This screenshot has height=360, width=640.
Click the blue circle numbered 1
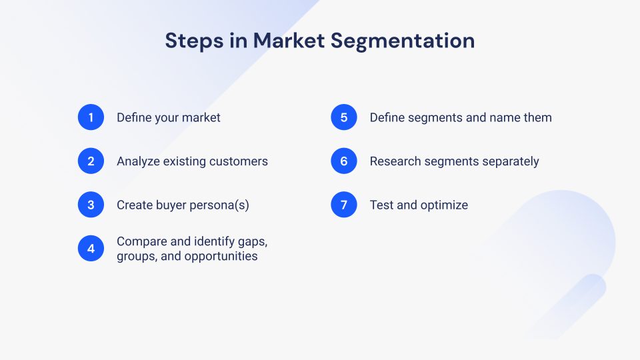91,117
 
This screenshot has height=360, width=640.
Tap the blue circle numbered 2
91,161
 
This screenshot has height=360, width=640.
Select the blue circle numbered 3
91,205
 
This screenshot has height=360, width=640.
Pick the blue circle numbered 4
91,249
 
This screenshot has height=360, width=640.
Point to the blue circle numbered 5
344,117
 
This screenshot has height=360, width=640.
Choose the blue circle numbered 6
344,161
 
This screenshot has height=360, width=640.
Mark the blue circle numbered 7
344,205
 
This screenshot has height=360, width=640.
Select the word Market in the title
289,41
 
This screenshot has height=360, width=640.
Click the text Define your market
168,118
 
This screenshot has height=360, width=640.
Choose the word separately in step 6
509,161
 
